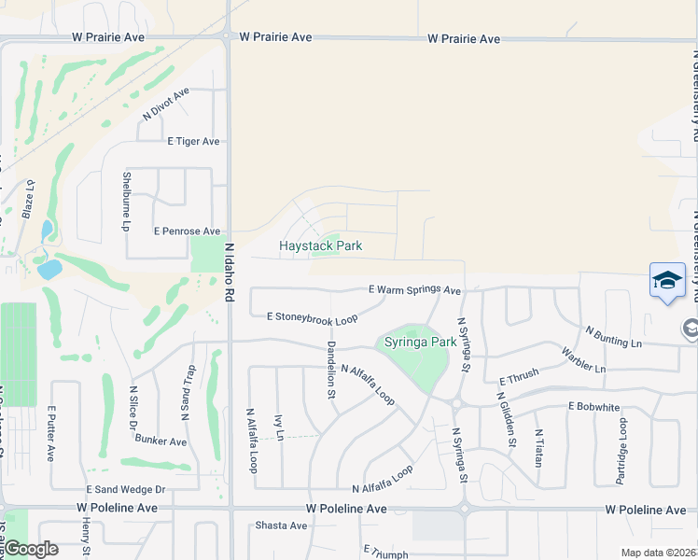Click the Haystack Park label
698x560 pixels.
click(320, 246)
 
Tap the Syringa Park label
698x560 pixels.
click(421, 342)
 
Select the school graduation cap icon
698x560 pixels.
click(667, 281)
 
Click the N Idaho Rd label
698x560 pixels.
click(229, 272)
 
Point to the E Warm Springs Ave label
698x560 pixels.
click(414, 290)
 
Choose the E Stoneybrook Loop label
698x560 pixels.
click(313, 319)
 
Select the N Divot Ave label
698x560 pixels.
click(166, 104)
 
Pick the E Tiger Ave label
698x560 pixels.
click(193, 142)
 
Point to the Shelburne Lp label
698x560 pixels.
click(126, 201)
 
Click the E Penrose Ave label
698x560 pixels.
click(187, 231)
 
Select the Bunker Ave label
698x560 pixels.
click(161, 441)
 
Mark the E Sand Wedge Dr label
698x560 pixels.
click(125, 489)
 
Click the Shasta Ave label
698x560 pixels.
click(281, 525)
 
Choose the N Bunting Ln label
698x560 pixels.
click(613, 337)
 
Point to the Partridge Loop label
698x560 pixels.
click(622, 451)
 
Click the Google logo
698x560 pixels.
click(32, 550)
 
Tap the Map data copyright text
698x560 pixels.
click(657, 553)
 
